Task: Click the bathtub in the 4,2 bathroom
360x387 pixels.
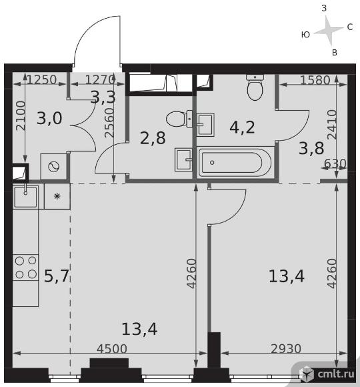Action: coord(236,162)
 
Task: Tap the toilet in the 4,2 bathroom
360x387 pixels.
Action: coord(255,87)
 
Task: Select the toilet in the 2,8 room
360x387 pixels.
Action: coord(179,119)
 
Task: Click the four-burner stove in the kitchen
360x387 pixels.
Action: coord(25,268)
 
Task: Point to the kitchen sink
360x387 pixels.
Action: coord(25,196)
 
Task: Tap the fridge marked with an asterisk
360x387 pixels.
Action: coord(57,196)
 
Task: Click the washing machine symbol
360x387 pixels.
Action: coord(53,167)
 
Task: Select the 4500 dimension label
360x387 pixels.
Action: coord(112,349)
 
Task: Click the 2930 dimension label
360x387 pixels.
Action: coord(286,349)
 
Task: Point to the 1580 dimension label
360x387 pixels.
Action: coord(315,80)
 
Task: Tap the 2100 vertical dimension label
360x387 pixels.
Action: coord(21,115)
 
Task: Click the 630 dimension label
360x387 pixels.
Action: coord(335,163)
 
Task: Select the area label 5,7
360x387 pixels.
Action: coord(56,276)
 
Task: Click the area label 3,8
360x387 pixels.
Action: coord(311,149)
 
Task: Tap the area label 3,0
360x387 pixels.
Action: coord(49,118)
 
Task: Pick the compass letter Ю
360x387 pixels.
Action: coord(305,35)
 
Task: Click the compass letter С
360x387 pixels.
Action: coord(350,27)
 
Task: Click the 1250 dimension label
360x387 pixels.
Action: coord(42,79)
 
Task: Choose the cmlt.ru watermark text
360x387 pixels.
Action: coord(336,374)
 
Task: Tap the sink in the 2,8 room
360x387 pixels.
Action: coord(183,159)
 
